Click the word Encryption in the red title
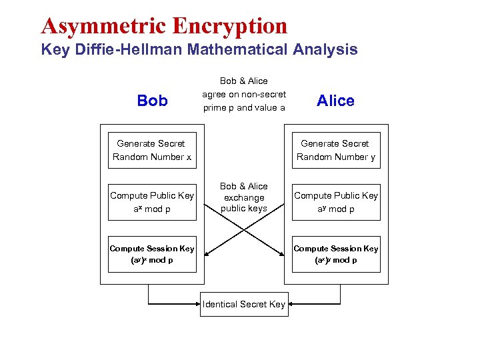(x=230, y=25)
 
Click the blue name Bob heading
(x=152, y=101)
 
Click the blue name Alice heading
(x=335, y=101)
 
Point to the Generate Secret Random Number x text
(x=151, y=150)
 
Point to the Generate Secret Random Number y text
(x=335, y=150)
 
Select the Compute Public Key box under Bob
(x=152, y=202)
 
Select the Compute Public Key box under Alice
(x=336, y=202)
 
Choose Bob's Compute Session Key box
(x=152, y=254)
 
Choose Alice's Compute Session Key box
(x=336, y=254)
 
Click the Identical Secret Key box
(x=244, y=304)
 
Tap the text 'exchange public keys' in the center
(x=244, y=203)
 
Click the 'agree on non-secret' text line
(x=244, y=94)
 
